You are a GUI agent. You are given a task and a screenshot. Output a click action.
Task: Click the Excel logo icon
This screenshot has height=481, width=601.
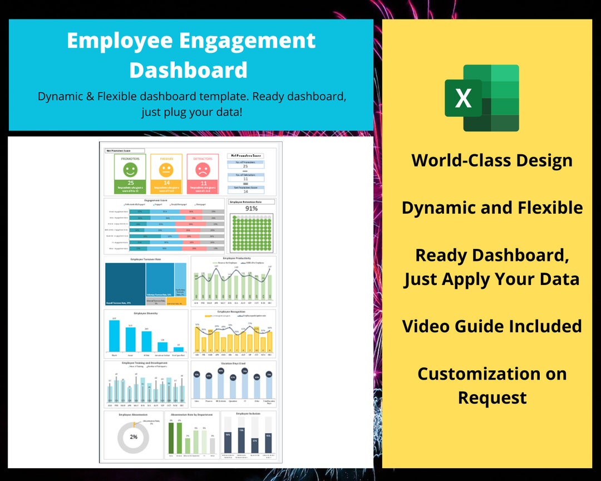482,98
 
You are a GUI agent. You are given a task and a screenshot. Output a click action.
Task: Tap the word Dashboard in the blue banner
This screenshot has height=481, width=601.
189,70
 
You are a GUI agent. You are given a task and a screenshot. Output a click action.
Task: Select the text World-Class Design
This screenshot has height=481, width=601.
492,160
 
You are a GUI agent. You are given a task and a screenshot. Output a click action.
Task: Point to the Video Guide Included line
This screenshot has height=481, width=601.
492,326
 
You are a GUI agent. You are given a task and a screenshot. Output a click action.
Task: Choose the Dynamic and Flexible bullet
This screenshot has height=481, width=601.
492,208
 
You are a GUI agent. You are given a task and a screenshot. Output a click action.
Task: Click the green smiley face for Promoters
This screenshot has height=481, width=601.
131,168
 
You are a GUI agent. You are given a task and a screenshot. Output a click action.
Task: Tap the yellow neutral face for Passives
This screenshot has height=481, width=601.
166,168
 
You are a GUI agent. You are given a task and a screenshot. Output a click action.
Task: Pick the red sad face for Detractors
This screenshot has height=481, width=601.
202,168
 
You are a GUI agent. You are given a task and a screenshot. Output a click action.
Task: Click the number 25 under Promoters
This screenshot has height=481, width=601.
131,183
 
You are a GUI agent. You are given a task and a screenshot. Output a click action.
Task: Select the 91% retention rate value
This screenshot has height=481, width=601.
252,209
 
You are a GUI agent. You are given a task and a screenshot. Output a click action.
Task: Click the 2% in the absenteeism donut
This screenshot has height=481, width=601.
134,437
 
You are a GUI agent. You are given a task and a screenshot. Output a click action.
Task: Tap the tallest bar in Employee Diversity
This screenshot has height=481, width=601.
114,336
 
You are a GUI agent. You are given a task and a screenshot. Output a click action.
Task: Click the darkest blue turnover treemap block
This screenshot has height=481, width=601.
125,284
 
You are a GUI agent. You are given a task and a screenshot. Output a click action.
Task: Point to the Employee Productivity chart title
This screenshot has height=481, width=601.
233,259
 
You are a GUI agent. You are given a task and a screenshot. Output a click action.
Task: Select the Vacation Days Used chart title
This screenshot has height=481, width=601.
233,364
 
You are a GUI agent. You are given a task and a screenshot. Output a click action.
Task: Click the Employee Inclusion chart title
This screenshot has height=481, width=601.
248,414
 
